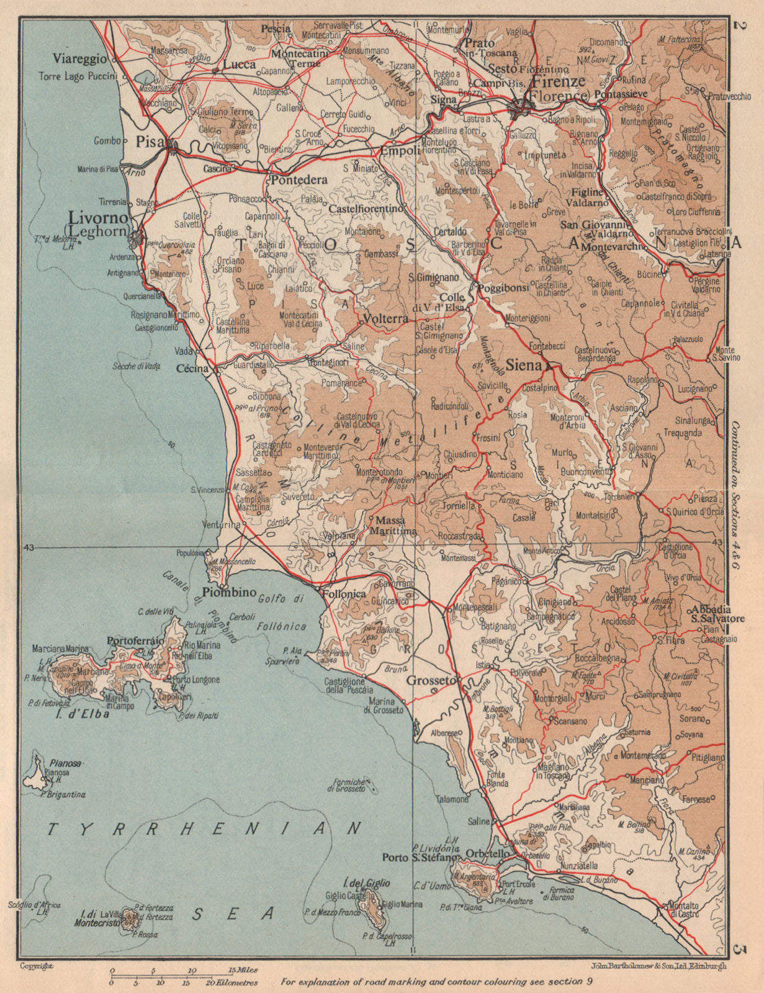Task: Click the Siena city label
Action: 524,366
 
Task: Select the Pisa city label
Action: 147,142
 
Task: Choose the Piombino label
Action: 230,592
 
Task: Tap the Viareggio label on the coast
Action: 79,60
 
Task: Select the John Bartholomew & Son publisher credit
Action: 655,966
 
